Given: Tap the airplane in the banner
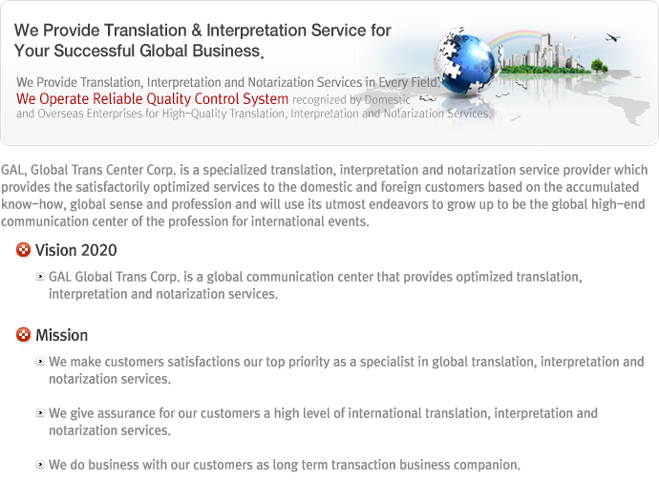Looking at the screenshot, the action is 612,38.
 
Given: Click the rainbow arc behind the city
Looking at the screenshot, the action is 516,41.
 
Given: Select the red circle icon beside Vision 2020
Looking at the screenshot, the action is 24,249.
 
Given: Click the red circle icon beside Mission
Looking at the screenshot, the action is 24,335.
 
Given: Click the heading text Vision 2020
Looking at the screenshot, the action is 76,250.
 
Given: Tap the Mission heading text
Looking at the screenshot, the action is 62,335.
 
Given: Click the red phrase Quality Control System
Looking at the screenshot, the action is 218,99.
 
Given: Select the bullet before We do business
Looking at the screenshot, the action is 40,464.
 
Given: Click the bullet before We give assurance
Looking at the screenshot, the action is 40,413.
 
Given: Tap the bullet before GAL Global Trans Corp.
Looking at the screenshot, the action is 40,276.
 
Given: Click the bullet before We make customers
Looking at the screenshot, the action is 40,362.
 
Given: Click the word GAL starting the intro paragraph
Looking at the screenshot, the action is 14,170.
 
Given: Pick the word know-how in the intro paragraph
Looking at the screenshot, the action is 33,204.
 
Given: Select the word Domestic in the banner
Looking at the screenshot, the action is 387,100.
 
